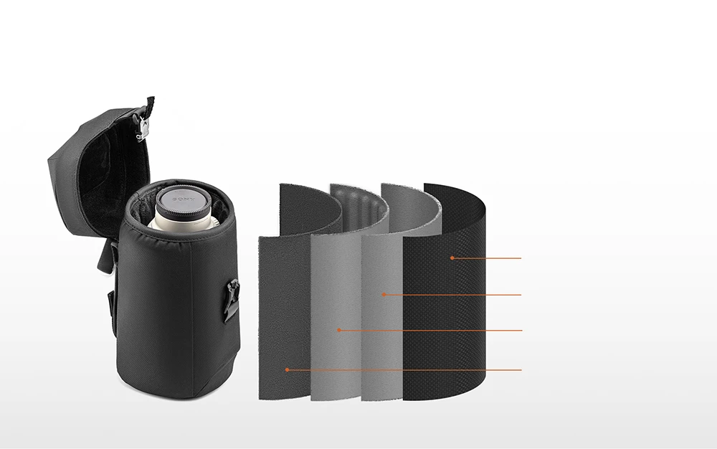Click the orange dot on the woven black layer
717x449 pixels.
(x=452, y=258)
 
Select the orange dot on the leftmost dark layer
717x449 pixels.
(x=288, y=369)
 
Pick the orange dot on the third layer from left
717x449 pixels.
(x=384, y=295)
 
